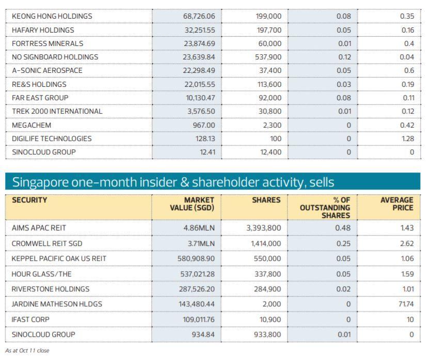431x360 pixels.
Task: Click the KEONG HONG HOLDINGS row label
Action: click(x=52, y=16)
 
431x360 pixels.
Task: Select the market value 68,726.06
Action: click(x=199, y=16)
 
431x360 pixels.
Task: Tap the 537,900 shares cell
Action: click(x=268, y=57)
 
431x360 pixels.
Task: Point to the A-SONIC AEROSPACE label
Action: click(x=47, y=70)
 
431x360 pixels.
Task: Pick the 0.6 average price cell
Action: click(x=409, y=70)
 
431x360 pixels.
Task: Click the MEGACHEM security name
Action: click(x=30, y=124)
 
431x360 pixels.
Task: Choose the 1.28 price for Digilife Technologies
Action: click(x=407, y=138)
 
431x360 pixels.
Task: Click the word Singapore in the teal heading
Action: click(x=39, y=182)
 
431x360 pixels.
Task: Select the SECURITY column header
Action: click(x=29, y=200)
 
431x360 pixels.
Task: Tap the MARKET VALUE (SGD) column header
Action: click(x=191, y=204)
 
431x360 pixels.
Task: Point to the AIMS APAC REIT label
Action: click(x=39, y=227)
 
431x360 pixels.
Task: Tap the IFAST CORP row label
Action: click(x=30, y=320)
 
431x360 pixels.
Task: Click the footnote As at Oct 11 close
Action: click(x=27, y=350)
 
